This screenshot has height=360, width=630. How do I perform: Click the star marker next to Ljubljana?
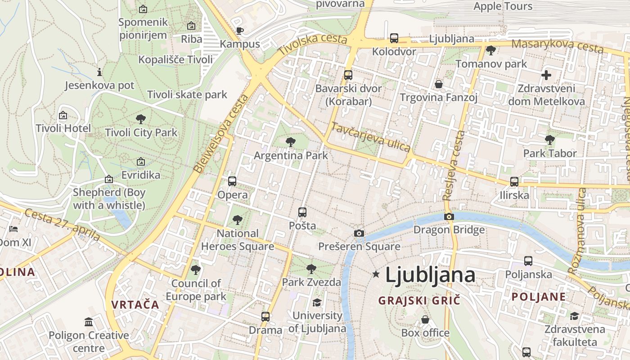[376, 274]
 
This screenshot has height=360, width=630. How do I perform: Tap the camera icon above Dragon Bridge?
[449, 217]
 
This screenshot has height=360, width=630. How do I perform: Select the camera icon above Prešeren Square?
[359, 233]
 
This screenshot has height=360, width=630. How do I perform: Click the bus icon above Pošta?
[302, 212]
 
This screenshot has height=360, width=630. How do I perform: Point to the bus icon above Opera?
[232, 181]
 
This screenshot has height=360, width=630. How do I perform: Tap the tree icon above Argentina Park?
[291, 142]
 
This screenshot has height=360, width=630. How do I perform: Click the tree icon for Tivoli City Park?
[141, 119]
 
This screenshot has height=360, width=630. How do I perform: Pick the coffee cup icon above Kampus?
[240, 31]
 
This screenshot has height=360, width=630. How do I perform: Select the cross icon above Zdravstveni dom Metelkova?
[546, 75]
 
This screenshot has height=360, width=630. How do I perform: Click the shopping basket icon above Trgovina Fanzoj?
[439, 84]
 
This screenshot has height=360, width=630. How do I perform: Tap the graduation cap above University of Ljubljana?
[317, 302]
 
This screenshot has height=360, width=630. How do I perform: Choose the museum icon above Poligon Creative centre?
[89, 322]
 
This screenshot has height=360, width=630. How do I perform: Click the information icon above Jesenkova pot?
[99, 72]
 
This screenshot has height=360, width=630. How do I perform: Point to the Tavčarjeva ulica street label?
[370, 137]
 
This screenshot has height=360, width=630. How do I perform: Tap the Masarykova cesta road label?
[557, 45]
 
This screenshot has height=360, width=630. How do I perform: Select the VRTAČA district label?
[135, 305]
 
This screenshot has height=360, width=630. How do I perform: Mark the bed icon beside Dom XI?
[13, 229]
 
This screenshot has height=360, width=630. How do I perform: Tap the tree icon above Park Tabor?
[549, 140]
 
